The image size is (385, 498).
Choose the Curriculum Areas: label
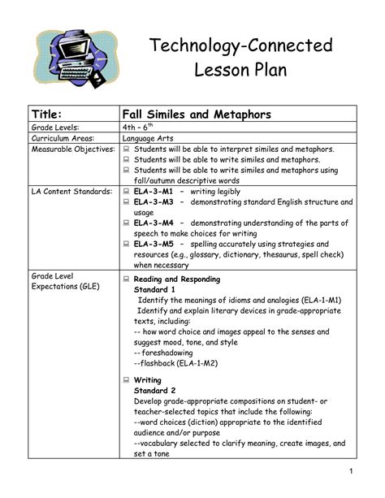tap(64, 139)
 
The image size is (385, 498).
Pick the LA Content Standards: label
tap(71, 192)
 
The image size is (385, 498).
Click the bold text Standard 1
tap(154, 289)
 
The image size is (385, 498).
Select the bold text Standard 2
tap(154, 392)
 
